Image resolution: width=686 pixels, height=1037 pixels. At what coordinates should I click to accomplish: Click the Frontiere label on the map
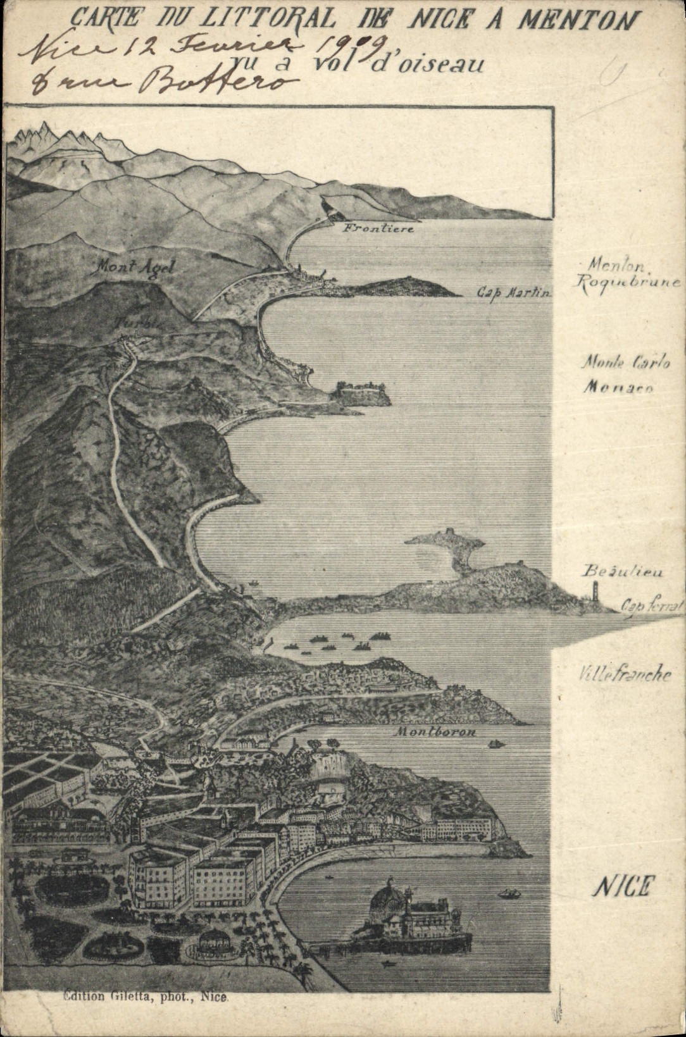378,228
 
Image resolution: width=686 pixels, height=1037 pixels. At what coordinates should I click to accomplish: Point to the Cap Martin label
514,293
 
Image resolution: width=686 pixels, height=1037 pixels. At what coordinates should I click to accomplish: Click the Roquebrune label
627,283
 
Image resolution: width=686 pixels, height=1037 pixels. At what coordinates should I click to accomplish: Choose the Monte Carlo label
625,363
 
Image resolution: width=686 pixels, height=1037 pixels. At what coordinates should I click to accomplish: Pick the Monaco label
617,387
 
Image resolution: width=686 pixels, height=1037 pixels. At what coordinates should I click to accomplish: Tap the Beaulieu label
623,571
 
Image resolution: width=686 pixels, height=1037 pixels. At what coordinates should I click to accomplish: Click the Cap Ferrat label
652,606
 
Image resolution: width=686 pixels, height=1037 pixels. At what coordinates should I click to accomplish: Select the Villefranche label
624,674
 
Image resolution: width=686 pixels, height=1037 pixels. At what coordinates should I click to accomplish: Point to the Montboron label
435,732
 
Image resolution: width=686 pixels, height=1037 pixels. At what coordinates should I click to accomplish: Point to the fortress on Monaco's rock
361,392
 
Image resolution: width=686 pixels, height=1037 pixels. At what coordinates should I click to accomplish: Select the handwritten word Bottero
221,81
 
